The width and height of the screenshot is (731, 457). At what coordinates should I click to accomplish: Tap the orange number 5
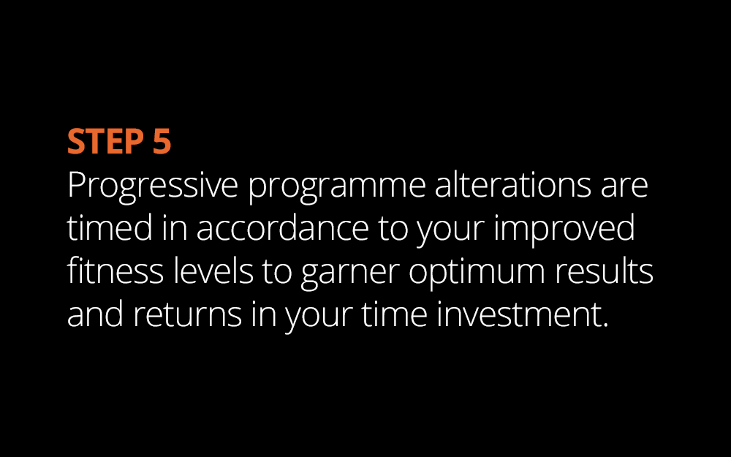pos(162,141)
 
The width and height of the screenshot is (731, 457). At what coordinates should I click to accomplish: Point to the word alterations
pos(513,184)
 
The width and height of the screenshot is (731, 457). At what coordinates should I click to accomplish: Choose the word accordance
pos(282,227)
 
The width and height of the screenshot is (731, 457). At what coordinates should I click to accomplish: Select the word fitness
pos(115,270)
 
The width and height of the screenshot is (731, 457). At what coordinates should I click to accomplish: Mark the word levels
pos(213,270)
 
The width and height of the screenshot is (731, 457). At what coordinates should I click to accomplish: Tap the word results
pos(604,270)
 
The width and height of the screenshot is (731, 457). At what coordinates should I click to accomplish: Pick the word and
pos(95,314)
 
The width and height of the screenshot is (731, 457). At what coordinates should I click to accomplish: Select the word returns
pos(187,314)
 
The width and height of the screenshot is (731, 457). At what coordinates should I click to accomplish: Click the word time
pos(395,314)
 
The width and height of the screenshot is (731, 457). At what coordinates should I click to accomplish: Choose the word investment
pos(518,314)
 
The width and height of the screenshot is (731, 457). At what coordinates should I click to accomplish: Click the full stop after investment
pos(605,325)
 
